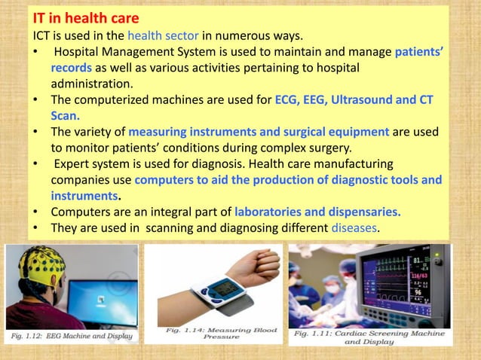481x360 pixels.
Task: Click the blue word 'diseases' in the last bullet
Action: coord(353,227)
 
